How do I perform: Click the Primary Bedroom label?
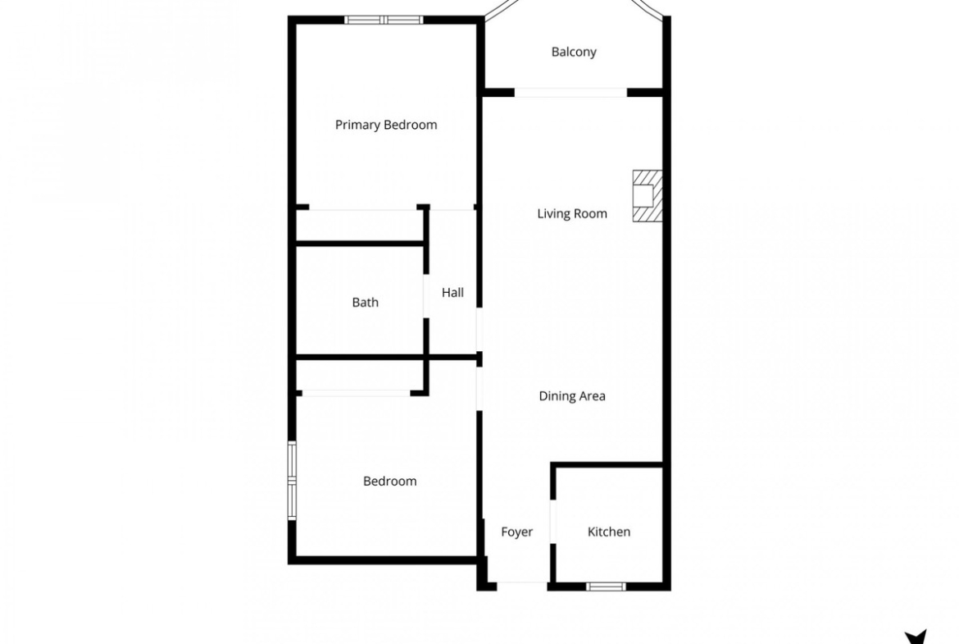386,125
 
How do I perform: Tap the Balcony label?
574,52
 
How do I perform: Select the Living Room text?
572,213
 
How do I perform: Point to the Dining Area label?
572,396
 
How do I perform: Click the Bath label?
365,303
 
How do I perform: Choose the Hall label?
452,293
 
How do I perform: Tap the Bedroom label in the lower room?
389,482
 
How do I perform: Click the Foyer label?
517,532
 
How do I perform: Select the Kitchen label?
608,532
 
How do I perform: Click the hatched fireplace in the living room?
647,196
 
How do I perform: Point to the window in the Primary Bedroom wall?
384,20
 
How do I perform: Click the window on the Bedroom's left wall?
292,481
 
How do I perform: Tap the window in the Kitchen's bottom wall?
606,587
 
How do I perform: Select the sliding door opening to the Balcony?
570,93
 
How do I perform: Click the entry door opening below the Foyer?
521,586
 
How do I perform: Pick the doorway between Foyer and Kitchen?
553,522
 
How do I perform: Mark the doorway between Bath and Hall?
426,295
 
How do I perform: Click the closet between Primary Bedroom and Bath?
360,226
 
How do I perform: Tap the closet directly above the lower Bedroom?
360,375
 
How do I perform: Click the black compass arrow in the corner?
916,638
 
